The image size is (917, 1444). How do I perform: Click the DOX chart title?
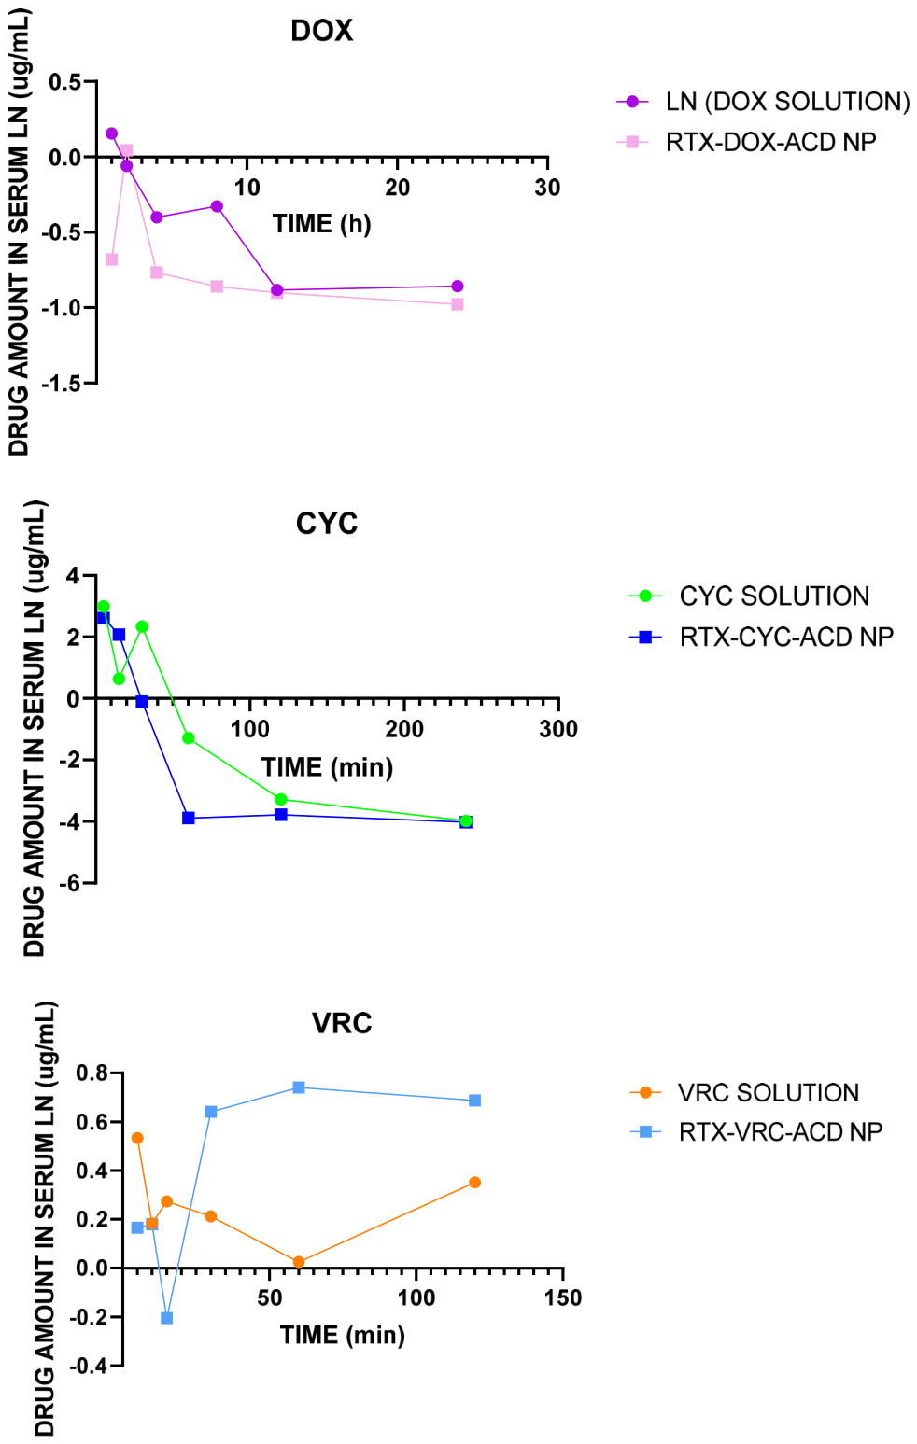(x=322, y=31)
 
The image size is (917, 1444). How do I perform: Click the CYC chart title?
(x=327, y=524)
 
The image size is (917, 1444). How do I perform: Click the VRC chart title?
(x=342, y=1023)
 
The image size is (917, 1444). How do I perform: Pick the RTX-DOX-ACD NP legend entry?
(x=747, y=142)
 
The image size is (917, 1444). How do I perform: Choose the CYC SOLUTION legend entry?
(x=749, y=596)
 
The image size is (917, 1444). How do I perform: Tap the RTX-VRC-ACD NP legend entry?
(x=755, y=1131)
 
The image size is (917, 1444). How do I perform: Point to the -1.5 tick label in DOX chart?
(x=62, y=383)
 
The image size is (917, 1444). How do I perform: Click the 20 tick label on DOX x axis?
(x=397, y=189)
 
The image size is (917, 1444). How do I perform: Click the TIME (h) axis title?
(x=322, y=224)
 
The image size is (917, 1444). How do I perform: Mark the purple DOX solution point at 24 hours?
(x=458, y=287)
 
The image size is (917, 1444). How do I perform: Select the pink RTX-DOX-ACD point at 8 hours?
(x=217, y=287)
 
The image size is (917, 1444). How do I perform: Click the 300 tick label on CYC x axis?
(x=558, y=729)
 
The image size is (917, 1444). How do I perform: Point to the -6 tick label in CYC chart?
(x=70, y=882)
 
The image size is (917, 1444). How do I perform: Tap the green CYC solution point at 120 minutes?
(x=280, y=799)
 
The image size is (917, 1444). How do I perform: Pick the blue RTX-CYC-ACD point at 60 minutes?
(x=189, y=818)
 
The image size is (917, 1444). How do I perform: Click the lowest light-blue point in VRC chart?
(x=166, y=1318)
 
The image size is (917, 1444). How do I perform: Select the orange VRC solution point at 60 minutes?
(x=299, y=1262)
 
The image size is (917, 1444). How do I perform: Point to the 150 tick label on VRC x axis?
(x=563, y=1297)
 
